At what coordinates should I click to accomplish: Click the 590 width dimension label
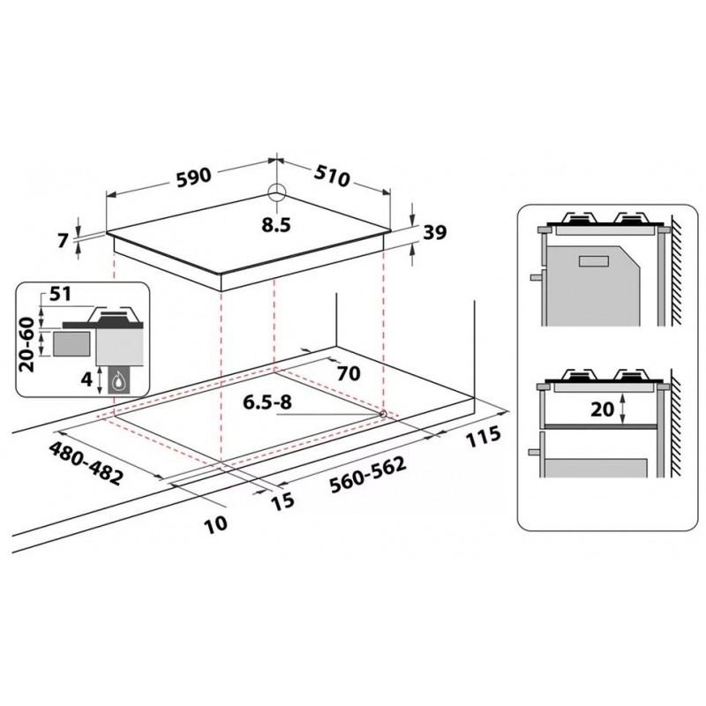click(x=193, y=176)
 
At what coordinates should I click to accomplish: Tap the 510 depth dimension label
click(x=332, y=176)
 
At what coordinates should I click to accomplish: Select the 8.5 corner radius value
click(x=276, y=225)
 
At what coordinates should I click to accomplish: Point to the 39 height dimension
click(x=435, y=232)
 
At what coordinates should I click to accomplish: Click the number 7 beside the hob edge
click(x=64, y=240)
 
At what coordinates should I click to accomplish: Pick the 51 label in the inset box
click(x=60, y=294)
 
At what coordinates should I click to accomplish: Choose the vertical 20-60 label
click(x=28, y=344)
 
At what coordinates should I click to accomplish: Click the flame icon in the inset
click(x=118, y=381)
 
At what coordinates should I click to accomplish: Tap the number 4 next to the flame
click(x=86, y=379)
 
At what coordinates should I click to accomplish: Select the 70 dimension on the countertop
click(x=349, y=373)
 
